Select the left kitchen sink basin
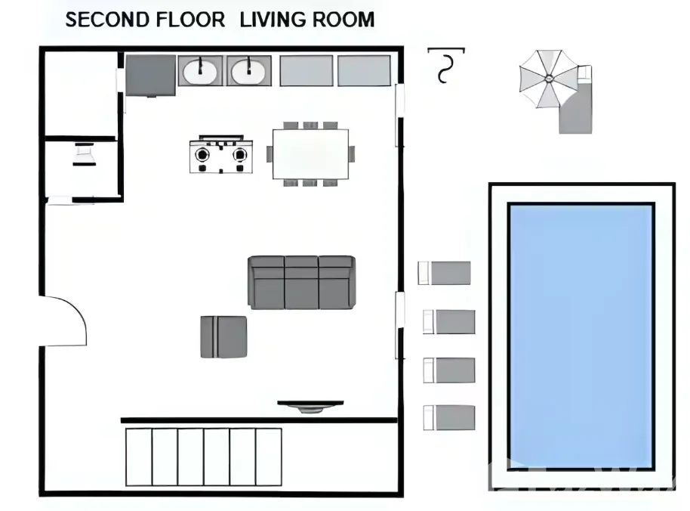pyautogui.click(x=200, y=71)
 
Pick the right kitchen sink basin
pyautogui.click(x=248, y=71)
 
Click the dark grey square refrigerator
pyautogui.click(x=150, y=75)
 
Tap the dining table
pyautogui.click(x=311, y=153)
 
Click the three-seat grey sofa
pyautogui.click(x=301, y=283)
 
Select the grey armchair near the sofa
pyautogui.click(x=223, y=336)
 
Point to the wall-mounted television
pyautogui.click(x=310, y=406)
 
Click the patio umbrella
pyautogui.click(x=549, y=79)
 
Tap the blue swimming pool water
pyautogui.click(x=581, y=337)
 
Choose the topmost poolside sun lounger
pyautogui.click(x=444, y=273)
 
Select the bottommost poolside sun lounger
pyautogui.click(x=449, y=417)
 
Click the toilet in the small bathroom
pyautogui.click(x=84, y=154)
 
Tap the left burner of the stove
pyautogui.click(x=202, y=155)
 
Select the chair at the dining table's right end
pyautogui.click(x=352, y=154)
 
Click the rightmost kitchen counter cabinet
pyautogui.click(x=364, y=70)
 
